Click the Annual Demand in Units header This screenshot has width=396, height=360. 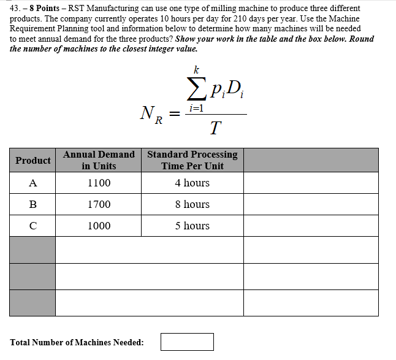coord(99,160)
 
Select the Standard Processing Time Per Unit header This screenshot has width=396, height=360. coord(192,160)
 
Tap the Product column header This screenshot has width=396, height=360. coord(32,161)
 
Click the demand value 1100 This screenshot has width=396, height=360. coord(99,183)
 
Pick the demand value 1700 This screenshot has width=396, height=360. coord(99,204)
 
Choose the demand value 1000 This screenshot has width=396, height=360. coord(99,226)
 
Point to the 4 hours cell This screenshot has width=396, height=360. coord(192,183)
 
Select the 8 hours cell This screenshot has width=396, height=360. coord(192,204)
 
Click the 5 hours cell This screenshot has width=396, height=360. coord(192,226)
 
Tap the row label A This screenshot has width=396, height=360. coord(32,183)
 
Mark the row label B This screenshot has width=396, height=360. coord(32,204)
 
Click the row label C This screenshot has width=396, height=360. coord(32,226)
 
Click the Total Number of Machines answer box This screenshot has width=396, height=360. coord(187,342)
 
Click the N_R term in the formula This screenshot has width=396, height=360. coord(149,114)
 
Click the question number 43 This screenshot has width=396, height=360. coord(15,9)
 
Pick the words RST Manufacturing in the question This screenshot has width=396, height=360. coord(101,9)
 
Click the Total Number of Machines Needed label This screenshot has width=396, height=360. coord(77,342)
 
